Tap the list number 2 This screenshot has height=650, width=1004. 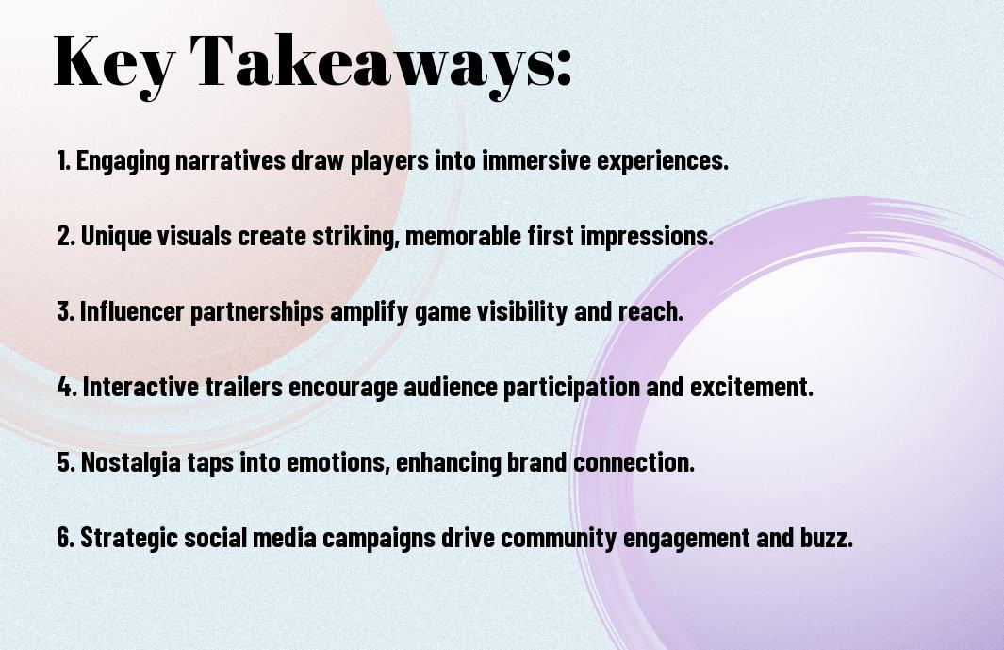tap(65, 236)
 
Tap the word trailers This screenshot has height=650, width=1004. tap(243, 387)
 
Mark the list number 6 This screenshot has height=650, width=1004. tap(65, 538)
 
